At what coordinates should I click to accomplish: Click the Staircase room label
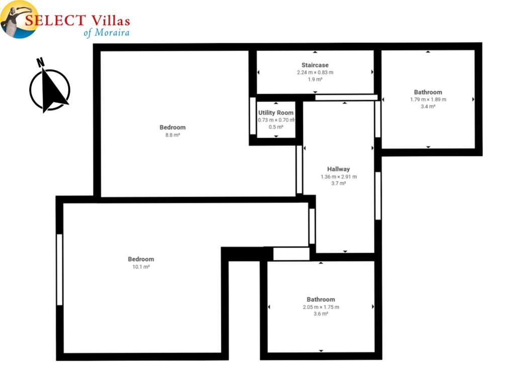pyautogui.click(x=315, y=65)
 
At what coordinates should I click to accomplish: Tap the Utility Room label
pyautogui.click(x=276, y=113)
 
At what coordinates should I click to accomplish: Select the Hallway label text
pyautogui.click(x=338, y=169)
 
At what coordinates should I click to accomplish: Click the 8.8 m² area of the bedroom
pyautogui.click(x=173, y=135)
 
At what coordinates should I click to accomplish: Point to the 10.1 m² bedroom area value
pyautogui.click(x=141, y=267)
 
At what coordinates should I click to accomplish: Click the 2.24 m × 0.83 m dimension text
pyautogui.click(x=315, y=72)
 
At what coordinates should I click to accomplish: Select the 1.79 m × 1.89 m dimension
pyautogui.click(x=428, y=100)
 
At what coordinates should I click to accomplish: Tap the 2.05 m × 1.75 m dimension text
pyautogui.click(x=321, y=307)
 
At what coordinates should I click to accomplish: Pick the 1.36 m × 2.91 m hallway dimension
pyautogui.click(x=338, y=176)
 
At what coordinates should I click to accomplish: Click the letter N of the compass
pyautogui.click(x=40, y=62)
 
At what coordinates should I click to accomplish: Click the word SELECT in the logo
pyautogui.click(x=55, y=20)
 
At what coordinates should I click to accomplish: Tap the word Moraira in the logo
pyautogui.click(x=112, y=33)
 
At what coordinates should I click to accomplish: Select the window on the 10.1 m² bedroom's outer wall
pyautogui.click(x=59, y=269)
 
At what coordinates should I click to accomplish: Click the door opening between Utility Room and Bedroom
pyautogui.click(x=252, y=116)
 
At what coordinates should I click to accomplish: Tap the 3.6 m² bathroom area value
pyautogui.click(x=320, y=314)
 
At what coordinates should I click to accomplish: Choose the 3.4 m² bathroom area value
pyautogui.click(x=428, y=107)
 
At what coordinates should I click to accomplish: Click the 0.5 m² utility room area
pyautogui.click(x=276, y=127)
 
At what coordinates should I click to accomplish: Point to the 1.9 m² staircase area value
pyautogui.click(x=315, y=79)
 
